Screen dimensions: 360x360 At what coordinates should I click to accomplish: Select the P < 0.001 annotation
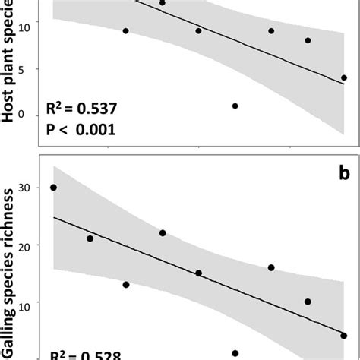(x=80, y=129)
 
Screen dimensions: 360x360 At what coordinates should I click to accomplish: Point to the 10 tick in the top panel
(x=22, y=27)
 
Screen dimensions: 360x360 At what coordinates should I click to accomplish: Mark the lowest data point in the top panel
(x=235, y=106)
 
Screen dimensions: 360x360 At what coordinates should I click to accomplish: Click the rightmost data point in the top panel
(x=344, y=77)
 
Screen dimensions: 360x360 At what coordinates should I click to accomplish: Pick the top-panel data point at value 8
(x=308, y=40)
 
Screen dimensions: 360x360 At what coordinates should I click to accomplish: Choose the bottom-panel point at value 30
(x=53, y=188)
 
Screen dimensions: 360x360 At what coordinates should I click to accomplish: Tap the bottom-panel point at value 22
(x=163, y=233)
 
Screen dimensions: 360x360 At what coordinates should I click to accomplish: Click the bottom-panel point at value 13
(x=126, y=285)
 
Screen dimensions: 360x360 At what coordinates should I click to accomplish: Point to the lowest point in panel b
(x=235, y=353)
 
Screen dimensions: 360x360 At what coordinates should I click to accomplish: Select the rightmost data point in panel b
(x=344, y=335)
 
